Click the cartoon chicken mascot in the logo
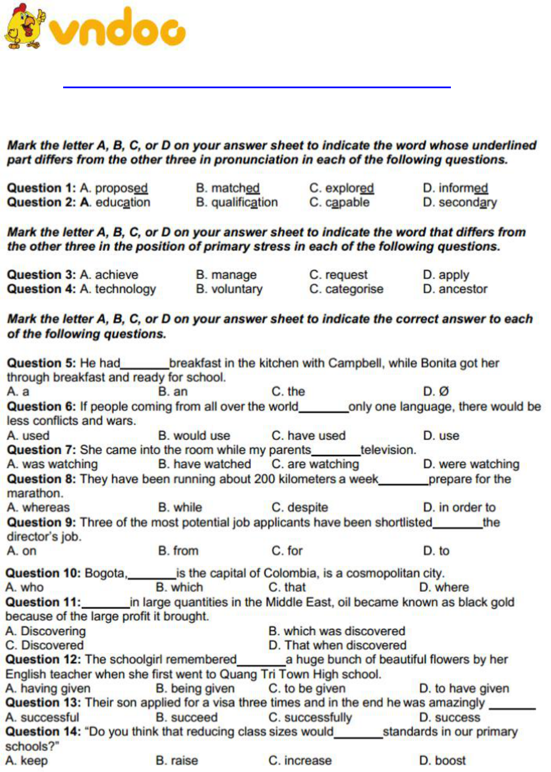tap(24, 27)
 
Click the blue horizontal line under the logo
tap(256, 87)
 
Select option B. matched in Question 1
tap(227, 188)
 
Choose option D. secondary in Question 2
tap(459, 203)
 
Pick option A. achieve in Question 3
tap(109, 274)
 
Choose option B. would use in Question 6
tap(194, 436)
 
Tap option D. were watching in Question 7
tap(471, 464)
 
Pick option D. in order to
tap(459, 507)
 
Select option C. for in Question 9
tap(287, 551)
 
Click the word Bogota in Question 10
tap(105, 573)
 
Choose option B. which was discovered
tap(337, 631)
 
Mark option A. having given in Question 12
tap(48, 688)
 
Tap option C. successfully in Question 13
tap(310, 717)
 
